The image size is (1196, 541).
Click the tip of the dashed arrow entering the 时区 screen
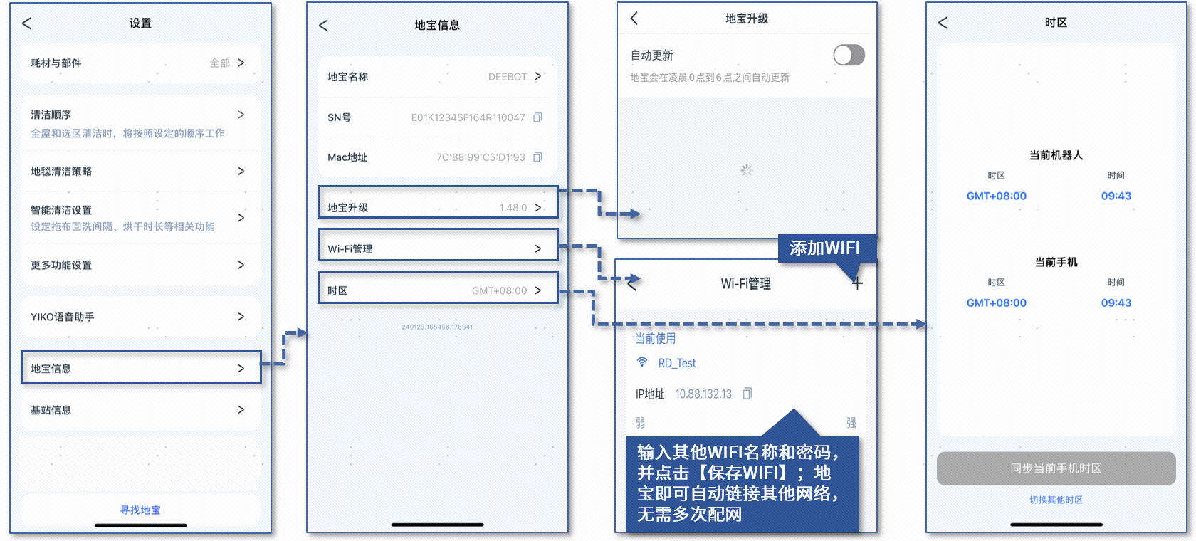(925, 324)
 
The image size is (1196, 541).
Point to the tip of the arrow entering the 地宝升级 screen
(640, 214)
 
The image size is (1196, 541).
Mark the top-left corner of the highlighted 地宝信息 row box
(21, 351)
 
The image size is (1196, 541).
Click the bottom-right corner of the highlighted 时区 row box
(558, 303)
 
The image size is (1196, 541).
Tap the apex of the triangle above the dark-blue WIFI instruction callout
(794, 409)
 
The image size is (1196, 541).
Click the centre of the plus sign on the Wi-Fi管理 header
(857, 283)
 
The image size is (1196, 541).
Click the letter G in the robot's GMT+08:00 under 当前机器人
(971, 196)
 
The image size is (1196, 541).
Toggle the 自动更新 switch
(849, 55)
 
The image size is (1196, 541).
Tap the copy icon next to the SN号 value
(537, 117)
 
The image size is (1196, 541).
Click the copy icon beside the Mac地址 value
(537, 157)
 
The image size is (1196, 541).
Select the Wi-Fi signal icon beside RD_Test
(642, 362)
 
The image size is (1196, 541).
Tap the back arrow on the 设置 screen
(27, 23)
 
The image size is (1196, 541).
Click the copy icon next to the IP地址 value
(747, 394)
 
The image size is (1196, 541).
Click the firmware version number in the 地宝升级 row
(513, 208)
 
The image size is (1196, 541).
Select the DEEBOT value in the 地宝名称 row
(507, 77)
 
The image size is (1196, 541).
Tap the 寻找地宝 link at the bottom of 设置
(140, 510)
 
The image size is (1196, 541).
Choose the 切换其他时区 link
(1056, 500)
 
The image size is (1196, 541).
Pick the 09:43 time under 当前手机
(1116, 303)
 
